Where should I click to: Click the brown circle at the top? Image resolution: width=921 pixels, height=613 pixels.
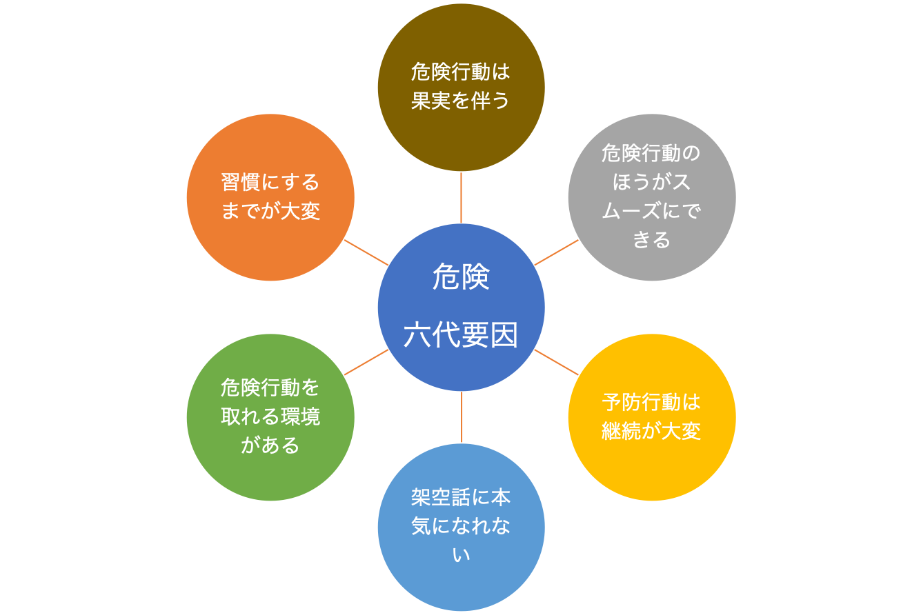pos(461,88)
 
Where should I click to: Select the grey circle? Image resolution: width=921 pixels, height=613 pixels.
pos(652,197)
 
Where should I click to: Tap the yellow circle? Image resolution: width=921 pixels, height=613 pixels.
pos(652,417)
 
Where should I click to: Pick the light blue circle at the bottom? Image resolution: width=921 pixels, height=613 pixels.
pos(461,527)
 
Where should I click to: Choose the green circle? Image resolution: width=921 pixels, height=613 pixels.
pos(270,417)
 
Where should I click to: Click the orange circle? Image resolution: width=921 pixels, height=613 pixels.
pos(270,197)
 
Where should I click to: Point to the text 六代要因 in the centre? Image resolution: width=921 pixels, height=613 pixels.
pos(461,335)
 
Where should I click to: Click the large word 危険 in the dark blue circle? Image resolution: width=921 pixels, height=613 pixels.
pos(461,277)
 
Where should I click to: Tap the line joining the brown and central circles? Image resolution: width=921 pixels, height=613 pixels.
pos(461,198)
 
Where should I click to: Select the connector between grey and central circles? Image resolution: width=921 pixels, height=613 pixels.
pos(556,252)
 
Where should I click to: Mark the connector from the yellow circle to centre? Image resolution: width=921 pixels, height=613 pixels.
pos(556,362)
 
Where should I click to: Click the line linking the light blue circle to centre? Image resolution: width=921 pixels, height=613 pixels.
pos(462,417)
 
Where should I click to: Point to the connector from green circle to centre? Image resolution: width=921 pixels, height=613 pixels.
pos(366,362)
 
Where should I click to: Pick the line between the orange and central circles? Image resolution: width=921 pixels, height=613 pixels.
pos(366,252)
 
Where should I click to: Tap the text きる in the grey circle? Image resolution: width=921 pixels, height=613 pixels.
pos(652,240)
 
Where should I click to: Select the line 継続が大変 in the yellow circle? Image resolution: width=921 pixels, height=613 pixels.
pos(651,432)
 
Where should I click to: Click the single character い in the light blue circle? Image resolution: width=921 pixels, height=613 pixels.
pos(461,555)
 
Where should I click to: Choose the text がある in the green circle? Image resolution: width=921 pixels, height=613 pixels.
pos(270,445)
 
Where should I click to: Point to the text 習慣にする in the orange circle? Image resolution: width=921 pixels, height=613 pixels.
pos(270,182)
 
